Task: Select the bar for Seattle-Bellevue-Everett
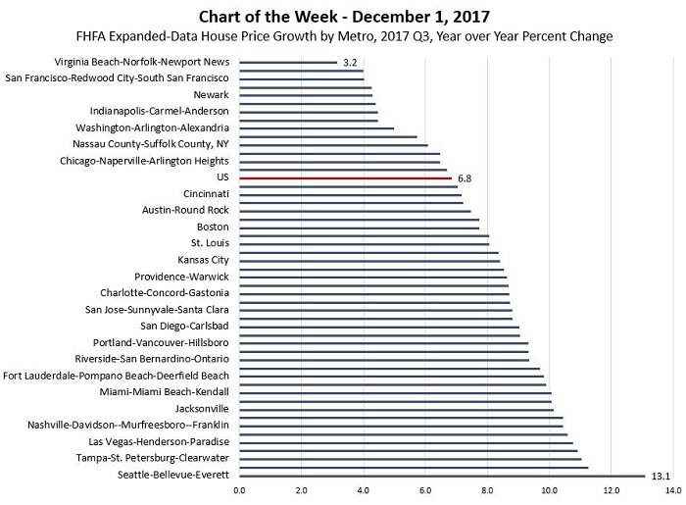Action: [x=441, y=476]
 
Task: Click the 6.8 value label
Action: [x=465, y=178]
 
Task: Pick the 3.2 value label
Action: [x=349, y=63]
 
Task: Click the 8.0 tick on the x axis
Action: [x=487, y=490]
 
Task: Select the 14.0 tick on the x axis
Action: [x=672, y=490]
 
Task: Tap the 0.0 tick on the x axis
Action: [x=239, y=490]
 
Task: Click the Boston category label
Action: [x=213, y=227]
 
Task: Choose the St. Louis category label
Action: [x=210, y=243]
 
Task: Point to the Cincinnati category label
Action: [x=206, y=194]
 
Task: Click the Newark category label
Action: [x=212, y=95]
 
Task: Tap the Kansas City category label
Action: [x=203, y=260]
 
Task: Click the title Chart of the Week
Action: [x=342, y=16]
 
